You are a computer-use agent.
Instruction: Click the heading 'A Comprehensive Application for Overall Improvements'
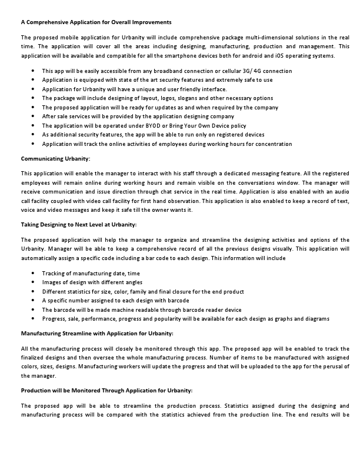click(x=96, y=22)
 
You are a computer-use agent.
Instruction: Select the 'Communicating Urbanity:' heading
click(x=55, y=159)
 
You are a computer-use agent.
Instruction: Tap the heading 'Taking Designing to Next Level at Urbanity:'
click(x=79, y=225)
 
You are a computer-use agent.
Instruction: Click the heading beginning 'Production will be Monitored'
click(x=106, y=391)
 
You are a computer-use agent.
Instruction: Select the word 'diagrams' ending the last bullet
click(x=317, y=319)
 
